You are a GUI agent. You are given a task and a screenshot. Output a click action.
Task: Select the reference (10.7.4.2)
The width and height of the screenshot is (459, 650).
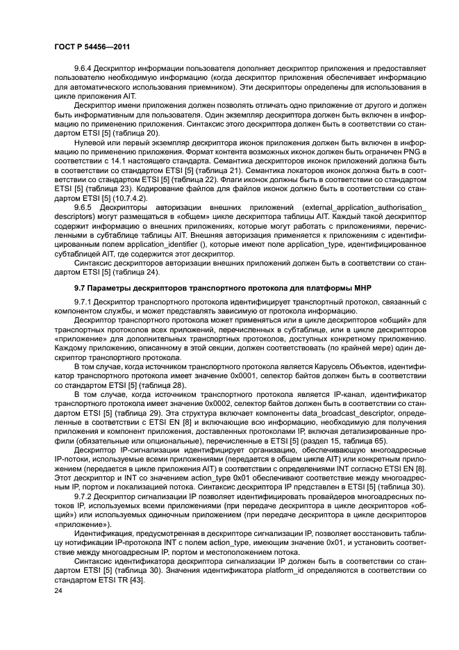(x=119, y=197)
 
